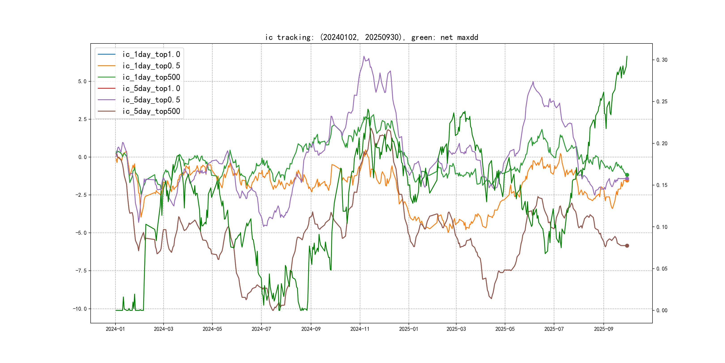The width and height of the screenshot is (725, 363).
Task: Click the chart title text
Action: (371, 37)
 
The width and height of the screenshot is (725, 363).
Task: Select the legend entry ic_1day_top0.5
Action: (151, 66)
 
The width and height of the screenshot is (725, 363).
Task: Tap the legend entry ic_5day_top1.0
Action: (151, 89)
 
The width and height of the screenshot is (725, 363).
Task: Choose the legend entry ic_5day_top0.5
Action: (151, 100)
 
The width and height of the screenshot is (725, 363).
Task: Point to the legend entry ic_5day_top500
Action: (151, 111)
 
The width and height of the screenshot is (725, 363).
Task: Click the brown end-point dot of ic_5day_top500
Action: (627, 246)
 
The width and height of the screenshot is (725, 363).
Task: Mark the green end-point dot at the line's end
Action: (627, 175)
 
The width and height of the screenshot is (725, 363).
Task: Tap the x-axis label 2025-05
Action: (505, 329)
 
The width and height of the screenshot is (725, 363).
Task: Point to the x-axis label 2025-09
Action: (603, 329)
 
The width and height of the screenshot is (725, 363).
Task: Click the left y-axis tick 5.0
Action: (82, 81)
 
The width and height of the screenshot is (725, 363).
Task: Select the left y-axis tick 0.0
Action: (82, 157)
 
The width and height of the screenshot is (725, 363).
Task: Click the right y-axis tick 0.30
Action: (662, 60)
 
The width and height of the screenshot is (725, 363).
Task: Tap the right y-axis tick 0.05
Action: (662, 269)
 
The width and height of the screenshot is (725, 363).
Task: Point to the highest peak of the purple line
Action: (364, 56)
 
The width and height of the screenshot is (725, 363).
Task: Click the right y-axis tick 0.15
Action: (662, 185)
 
